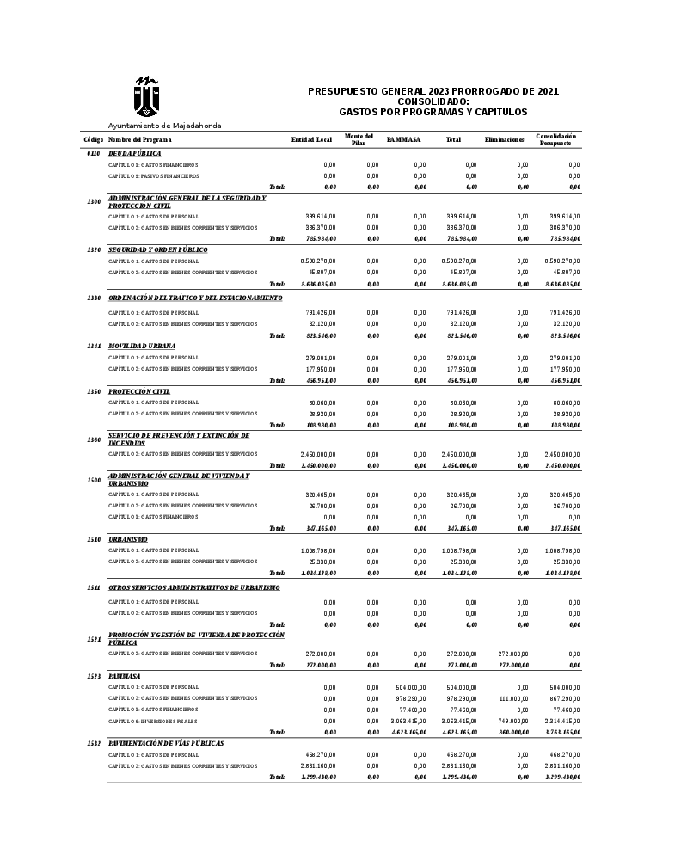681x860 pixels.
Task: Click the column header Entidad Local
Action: coord(311,139)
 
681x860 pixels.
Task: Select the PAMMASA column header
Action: coord(403,139)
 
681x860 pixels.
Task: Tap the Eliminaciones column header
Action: coord(504,139)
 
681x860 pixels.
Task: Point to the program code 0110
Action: coord(94,153)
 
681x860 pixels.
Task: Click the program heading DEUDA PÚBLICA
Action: coord(134,153)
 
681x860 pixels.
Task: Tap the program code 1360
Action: coord(94,439)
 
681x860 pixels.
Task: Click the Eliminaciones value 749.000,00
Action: coord(513,721)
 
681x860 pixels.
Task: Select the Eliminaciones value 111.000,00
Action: coord(513,698)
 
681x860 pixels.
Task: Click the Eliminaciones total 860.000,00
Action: coord(513,732)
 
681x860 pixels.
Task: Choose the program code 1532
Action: coord(94,743)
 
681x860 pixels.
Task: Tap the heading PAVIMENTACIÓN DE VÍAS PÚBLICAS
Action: coord(166,743)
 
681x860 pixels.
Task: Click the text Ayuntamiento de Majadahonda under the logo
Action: coord(164,126)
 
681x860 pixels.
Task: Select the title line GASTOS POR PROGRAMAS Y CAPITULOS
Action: coord(433,112)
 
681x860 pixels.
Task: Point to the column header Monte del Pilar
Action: coord(359,139)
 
